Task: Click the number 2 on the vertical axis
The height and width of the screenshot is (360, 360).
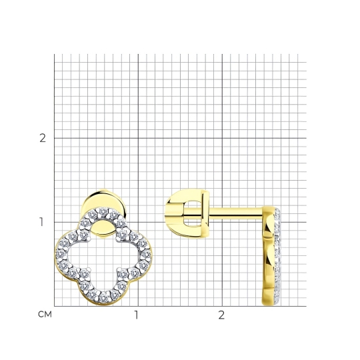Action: point(43,138)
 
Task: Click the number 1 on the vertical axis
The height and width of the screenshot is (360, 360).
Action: point(41,222)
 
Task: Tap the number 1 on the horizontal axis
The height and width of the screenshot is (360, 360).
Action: point(137,315)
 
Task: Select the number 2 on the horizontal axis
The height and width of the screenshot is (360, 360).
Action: point(221,315)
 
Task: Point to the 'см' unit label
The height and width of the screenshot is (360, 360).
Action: point(45,314)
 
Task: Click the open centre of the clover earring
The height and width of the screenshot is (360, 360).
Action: point(103,255)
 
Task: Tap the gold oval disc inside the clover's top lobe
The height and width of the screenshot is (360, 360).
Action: point(103,228)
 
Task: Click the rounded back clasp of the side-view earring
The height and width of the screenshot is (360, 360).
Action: point(187,213)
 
